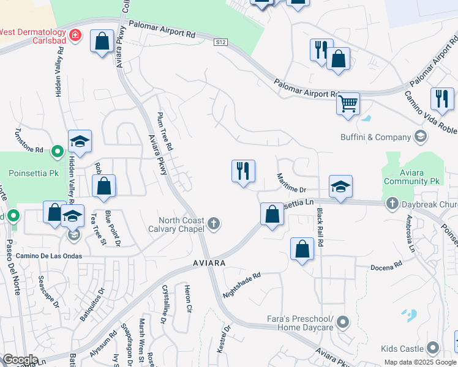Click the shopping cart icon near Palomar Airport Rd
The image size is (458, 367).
pyautogui.click(x=348, y=103)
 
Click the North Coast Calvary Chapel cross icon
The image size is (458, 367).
pyautogui.click(x=214, y=223)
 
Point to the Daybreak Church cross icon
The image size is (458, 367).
pyautogui.click(x=392, y=202)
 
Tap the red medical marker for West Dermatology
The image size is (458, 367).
pyautogui.click(x=76, y=36)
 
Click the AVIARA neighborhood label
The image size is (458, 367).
pyautogui.click(x=207, y=262)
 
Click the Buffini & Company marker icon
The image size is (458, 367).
pyautogui.click(x=421, y=136)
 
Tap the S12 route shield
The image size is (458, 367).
pyautogui.click(x=221, y=42)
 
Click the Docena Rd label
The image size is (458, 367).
pyautogui.click(x=386, y=267)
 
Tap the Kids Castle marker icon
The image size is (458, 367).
pyautogui.click(x=433, y=349)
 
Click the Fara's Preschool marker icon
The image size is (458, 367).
pyautogui.click(x=343, y=321)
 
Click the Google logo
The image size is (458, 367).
pyautogui.click(x=20, y=360)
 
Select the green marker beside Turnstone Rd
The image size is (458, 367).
pyautogui.click(x=57, y=150)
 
